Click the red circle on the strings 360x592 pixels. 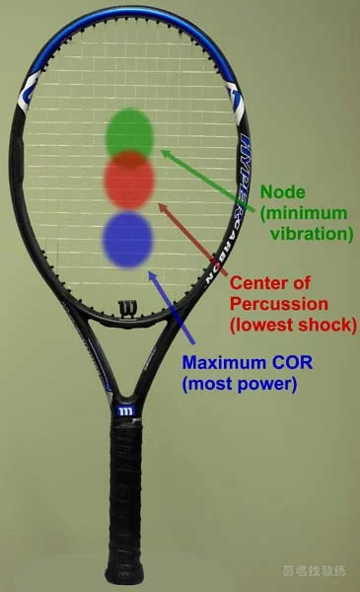[130, 182]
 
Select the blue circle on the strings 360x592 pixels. [129, 238]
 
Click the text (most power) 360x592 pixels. [240, 384]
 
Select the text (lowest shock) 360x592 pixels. [293, 324]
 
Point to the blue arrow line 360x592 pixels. [167, 306]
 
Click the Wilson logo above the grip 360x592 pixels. [125, 408]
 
